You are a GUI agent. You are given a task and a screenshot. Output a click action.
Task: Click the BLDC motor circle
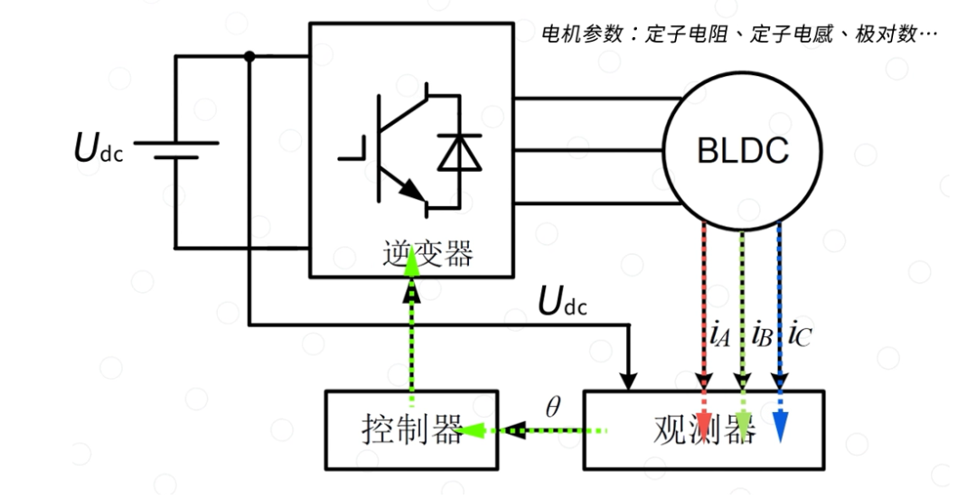pyautogui.click(x=744, y=150)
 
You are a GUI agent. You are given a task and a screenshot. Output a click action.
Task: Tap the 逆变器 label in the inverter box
pyautogui.click(x=427, y=254)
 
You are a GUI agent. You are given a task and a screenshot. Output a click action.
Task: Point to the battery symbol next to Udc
pyautogui.click(x=175, y=149)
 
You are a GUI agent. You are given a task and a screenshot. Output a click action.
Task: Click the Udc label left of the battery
pyautogui.click(x=98, y=149)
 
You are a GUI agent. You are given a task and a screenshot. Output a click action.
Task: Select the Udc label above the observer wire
pyautogui.click(x=562, y=302)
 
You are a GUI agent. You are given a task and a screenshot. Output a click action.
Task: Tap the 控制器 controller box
pyautogui.click(x=411, y=429)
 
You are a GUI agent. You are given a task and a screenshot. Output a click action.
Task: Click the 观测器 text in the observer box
pyautogui.click(x=703, y=429)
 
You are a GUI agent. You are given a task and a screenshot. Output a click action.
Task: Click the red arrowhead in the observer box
pyautogui.click(x=703, y=422)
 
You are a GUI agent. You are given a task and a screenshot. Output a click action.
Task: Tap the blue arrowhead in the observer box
pyautogui.click(x=780, y=427)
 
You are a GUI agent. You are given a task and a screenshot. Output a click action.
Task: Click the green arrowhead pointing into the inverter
pyautogui.click(x=411, y=261)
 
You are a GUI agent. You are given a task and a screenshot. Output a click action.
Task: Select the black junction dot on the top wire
pyautogui.click(x=249, y=56)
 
